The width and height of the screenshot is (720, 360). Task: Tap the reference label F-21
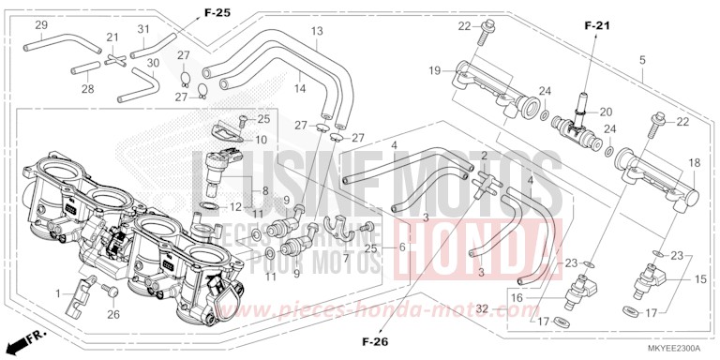[x=595, y=25]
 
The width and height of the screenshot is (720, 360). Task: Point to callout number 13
[x=317, y=31]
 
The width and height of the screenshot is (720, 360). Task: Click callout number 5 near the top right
[x=642, y=61]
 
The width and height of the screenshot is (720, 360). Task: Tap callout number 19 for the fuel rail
[x=435, y=70]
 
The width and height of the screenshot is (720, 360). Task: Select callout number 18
[x=694, y=162]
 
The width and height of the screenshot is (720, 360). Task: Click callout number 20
[x=606, y=111]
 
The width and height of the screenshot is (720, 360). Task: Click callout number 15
[x=699, y=279]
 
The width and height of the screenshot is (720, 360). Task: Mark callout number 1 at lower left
[x=58, y=294]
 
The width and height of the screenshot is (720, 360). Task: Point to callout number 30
[x=153, y=63]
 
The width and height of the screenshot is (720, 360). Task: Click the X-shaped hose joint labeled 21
[x=114, y=57]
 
